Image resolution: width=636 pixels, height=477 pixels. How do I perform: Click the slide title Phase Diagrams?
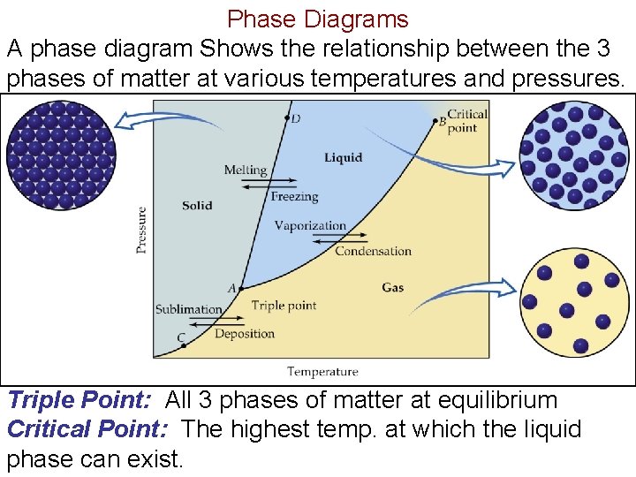tap(318, 19)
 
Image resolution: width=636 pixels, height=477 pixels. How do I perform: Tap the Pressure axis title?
tap(141, 230)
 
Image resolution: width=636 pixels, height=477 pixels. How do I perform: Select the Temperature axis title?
tap(322, 372)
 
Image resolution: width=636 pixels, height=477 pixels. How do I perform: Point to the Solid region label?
tap(197, 206)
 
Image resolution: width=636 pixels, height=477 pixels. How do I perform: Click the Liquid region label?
tap(343, 158)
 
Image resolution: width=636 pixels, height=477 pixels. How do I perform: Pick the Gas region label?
tap(393, 287)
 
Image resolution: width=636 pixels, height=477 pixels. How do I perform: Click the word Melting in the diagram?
tap(245, 170)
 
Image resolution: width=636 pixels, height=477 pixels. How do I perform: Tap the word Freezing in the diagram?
tap(294, 197)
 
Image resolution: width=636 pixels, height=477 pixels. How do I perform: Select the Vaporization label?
tap(310, 225)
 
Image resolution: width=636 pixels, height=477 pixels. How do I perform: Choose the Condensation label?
tap(373, 251)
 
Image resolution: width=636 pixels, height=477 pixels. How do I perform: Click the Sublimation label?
tap(188, 309)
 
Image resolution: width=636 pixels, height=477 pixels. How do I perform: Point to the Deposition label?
tap(245, 334)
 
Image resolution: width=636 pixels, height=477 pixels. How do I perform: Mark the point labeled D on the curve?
tap(286, 117)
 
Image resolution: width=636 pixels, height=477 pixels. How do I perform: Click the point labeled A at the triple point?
tap(241, 288)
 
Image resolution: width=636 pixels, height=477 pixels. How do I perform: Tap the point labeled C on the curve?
tap(184, 345)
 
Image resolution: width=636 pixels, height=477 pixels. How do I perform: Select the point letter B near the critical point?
tap(443, 122)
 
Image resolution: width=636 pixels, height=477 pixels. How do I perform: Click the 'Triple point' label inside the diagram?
tap(284, 306)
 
